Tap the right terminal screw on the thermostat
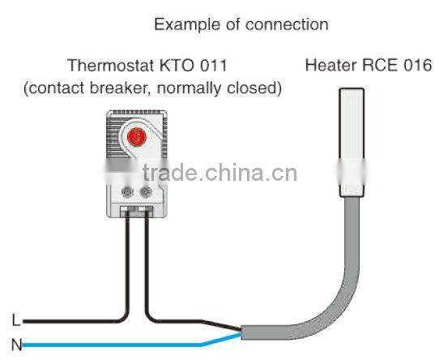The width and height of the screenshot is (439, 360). (147, 193)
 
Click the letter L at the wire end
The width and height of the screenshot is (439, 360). (15, 319)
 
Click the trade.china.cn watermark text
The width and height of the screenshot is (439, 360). (219, 173)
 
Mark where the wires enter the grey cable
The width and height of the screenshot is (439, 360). (242, 332)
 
